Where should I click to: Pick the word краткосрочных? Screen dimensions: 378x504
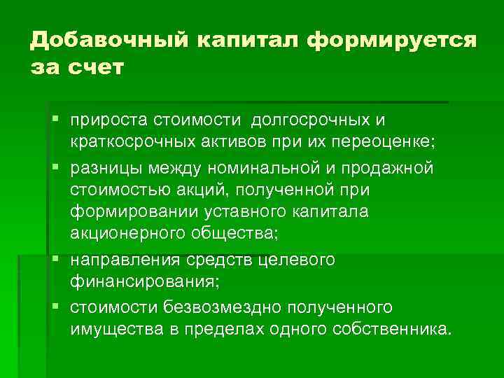pos(131,143)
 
